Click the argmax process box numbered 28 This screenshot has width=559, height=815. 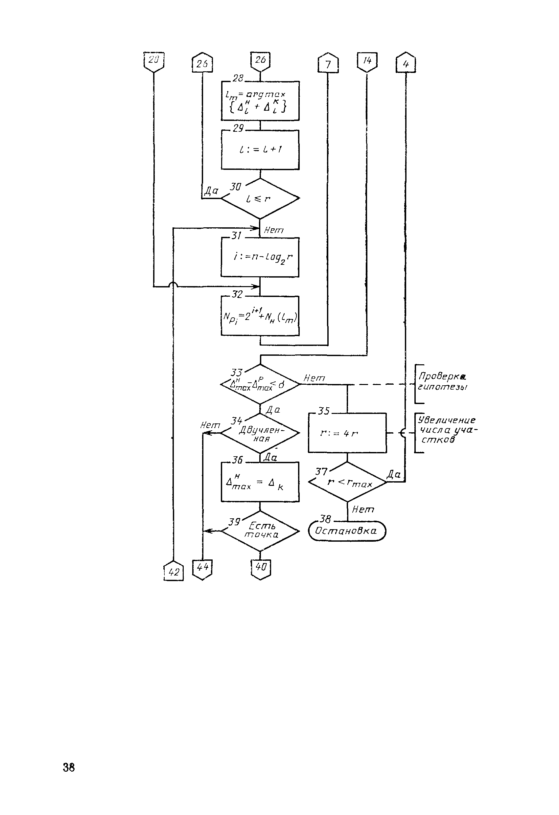(x=260, y=101)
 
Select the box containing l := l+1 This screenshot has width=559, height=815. (x=260, y=150)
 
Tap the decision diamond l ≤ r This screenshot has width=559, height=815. (x=260, y=198)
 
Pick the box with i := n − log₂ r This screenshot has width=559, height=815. (x=260, y=258)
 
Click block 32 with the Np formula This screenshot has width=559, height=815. (x=260, y=316)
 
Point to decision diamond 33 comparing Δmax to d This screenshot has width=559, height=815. (x=260, y=384)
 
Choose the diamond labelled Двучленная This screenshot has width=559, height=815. (x=260, y=433)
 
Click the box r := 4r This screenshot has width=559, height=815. (x=347, y=433)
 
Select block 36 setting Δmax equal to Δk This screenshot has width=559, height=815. (x=260, y=482)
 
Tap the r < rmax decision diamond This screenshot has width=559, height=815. (x=347, y=482)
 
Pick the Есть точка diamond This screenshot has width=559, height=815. (x=260, y=531)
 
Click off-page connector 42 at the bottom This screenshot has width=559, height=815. (x=173, y=572)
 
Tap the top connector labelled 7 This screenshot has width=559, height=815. (x=328, y=63)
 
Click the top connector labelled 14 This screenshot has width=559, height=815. (x=367, y=62)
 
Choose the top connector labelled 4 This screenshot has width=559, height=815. (x=406, y=63)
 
